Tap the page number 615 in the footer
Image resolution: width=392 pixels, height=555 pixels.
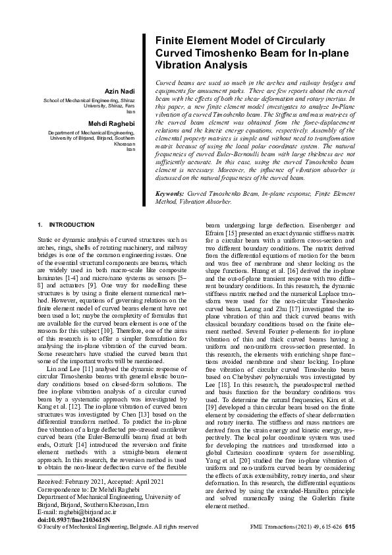[350, 527]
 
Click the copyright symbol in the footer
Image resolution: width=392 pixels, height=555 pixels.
[40, 527]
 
